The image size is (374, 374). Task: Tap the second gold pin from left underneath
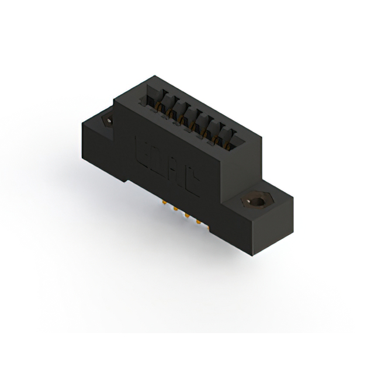click(x=175, y=211)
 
